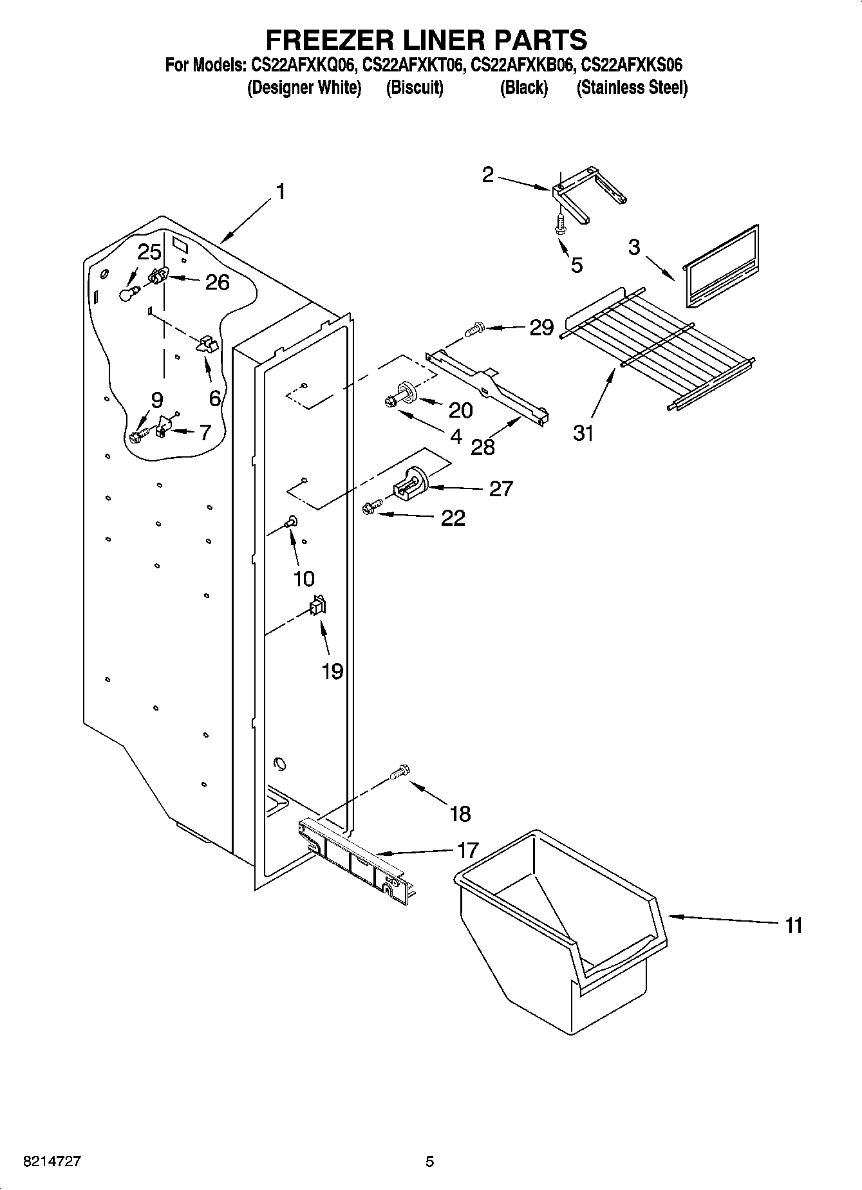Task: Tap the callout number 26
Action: pos(217,282)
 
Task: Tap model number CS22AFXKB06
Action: pos(521,65)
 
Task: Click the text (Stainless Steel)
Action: pos(632,88)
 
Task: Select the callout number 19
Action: pos(332,671)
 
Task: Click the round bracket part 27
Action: pos(409,483)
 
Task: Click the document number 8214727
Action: pos(52,1162)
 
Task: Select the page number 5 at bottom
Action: pos(430,1162)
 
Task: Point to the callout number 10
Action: pos(304,578)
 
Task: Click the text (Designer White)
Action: pos(304,88)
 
